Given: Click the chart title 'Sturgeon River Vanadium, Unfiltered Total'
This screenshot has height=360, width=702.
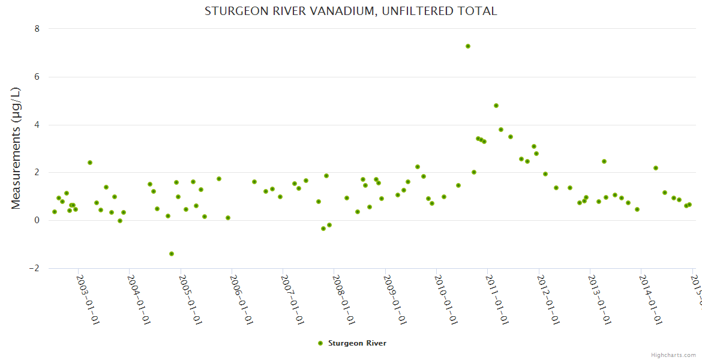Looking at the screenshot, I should pyautogui.click(x=350, y=11).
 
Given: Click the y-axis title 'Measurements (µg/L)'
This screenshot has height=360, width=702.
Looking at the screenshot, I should pyautogui.click(x=16, y=148).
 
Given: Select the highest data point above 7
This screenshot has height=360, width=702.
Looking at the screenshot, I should pyautogui.click(x=468, y=46).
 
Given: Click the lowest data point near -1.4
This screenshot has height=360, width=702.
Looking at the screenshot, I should pyautogui.click(x=172, y=254).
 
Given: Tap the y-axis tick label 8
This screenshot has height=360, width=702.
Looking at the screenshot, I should pyautogui.click(x=37, y=29).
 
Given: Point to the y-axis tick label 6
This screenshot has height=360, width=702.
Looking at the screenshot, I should pyautogui.click(x=37, y=77).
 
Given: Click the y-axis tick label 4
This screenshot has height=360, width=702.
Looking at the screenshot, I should pyautogui.click(x=37, y=125).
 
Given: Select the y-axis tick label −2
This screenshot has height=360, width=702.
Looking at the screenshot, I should pyautogui.click(x=34, y=268).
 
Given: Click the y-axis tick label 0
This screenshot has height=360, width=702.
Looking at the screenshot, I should pyautogui.click(x=37, y=220).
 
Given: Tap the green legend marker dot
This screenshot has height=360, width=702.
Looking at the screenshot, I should pyautogui.click(x=320, y=343).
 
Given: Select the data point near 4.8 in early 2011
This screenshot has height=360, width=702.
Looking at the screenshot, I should pyautogui.click(x=496, y=106).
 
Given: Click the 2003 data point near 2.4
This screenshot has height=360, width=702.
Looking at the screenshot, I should pyautogui.click(x=90, y=163).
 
